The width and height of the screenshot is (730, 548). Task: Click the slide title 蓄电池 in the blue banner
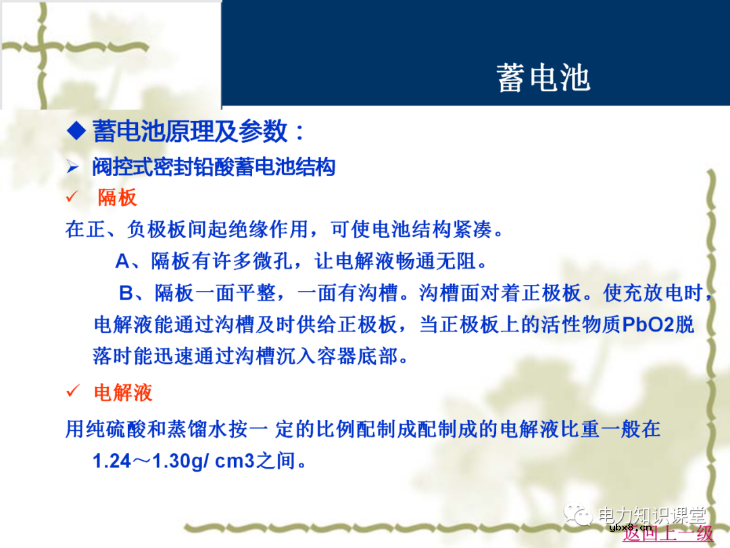(x=543, y=78)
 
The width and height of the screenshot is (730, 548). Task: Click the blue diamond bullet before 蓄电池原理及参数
(x=77, y=131)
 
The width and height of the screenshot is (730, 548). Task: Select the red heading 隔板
(x=117, y=198)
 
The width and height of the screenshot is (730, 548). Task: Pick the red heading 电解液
(x=122, y=392)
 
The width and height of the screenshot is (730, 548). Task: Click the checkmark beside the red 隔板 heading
(x=72, y=198)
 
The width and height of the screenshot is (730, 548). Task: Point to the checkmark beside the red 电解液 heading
(x=72, y=392)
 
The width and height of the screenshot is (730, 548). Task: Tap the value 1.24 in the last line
(x=112, y=461)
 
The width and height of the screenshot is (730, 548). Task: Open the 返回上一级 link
(x=668, y=534)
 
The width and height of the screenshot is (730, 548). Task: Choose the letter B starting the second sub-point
(x=126, y=293)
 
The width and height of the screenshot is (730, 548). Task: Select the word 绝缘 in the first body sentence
(x=243, y=229)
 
